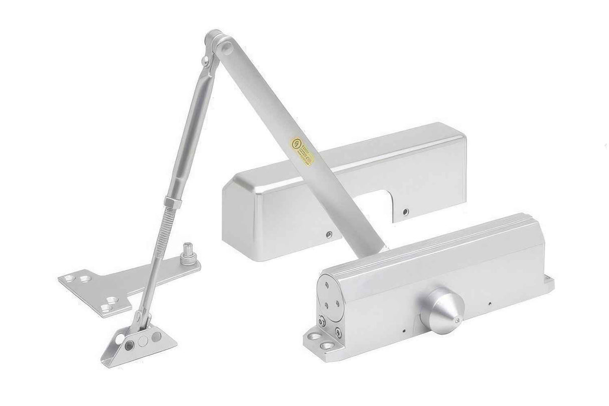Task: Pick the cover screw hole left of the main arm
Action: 329,233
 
